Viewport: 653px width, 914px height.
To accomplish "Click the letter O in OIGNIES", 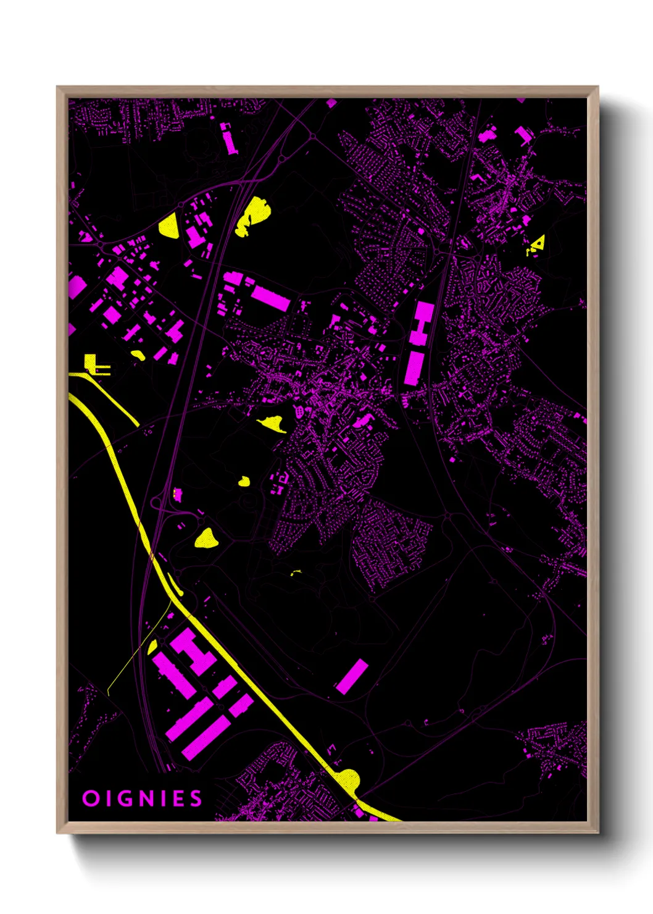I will pyautogui.click(x=90, y=799).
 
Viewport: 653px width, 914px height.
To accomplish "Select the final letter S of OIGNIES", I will pyautogui.click(x=196, y=799).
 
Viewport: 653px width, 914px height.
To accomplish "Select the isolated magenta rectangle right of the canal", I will pyautogui.click(x=352, y=676).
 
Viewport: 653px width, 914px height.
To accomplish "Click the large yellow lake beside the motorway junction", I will pyautogui.click(x=252, y=216).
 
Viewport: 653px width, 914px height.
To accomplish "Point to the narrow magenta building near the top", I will pyautogui.click(x=229, y=138).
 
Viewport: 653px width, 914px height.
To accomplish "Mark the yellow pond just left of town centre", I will pyautogui.click(x=271, y=424).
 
